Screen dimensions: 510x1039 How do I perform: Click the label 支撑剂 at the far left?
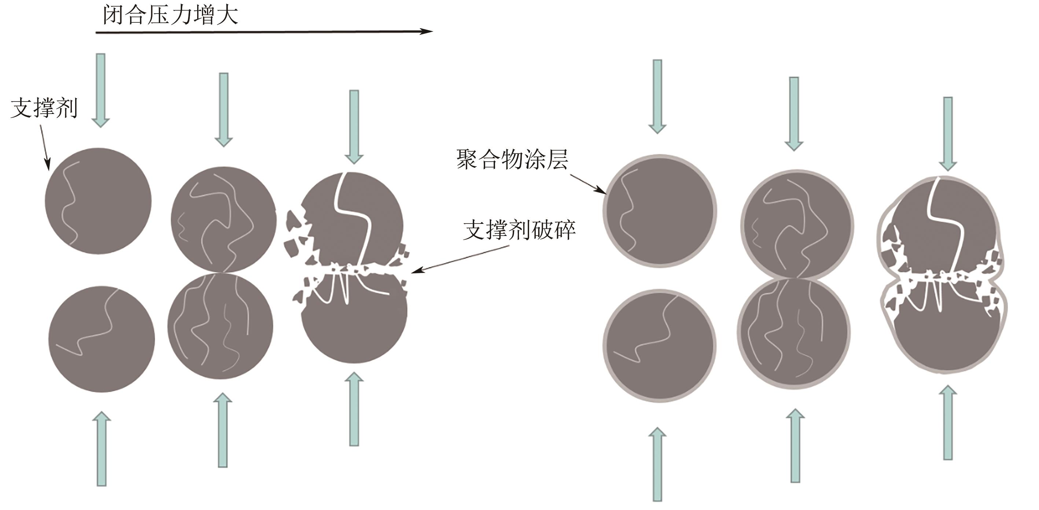(44, 108)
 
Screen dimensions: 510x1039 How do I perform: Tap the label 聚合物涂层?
(512, 160)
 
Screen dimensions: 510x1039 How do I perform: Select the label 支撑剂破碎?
(519, 230)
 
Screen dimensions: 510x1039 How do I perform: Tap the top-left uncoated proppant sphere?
(98, 201)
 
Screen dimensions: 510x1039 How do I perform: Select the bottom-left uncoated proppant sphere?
(102, 339)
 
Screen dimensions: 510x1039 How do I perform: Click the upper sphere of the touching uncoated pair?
(224, 219)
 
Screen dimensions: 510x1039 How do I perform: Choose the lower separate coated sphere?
(659, 345)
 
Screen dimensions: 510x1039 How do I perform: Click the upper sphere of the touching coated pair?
(797, 224)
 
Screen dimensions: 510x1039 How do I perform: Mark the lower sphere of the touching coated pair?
(794, 333)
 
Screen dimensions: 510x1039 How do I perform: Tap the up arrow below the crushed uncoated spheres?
(354, 409)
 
